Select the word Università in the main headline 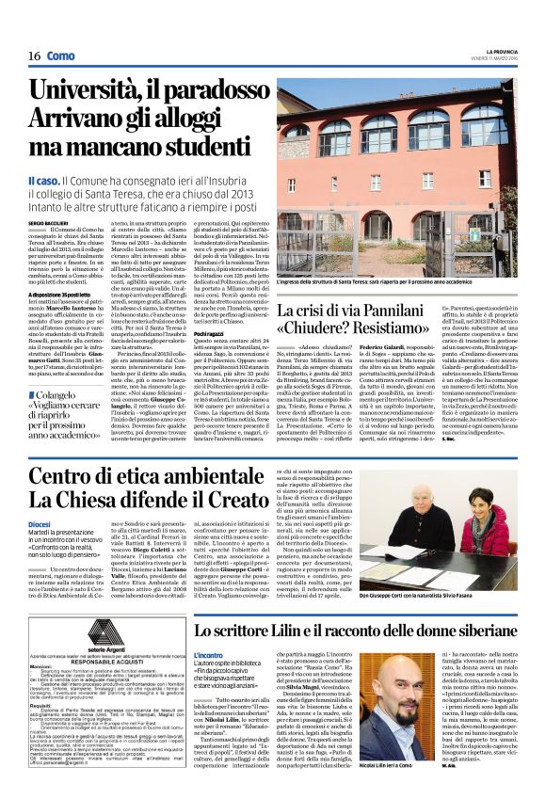87,92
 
